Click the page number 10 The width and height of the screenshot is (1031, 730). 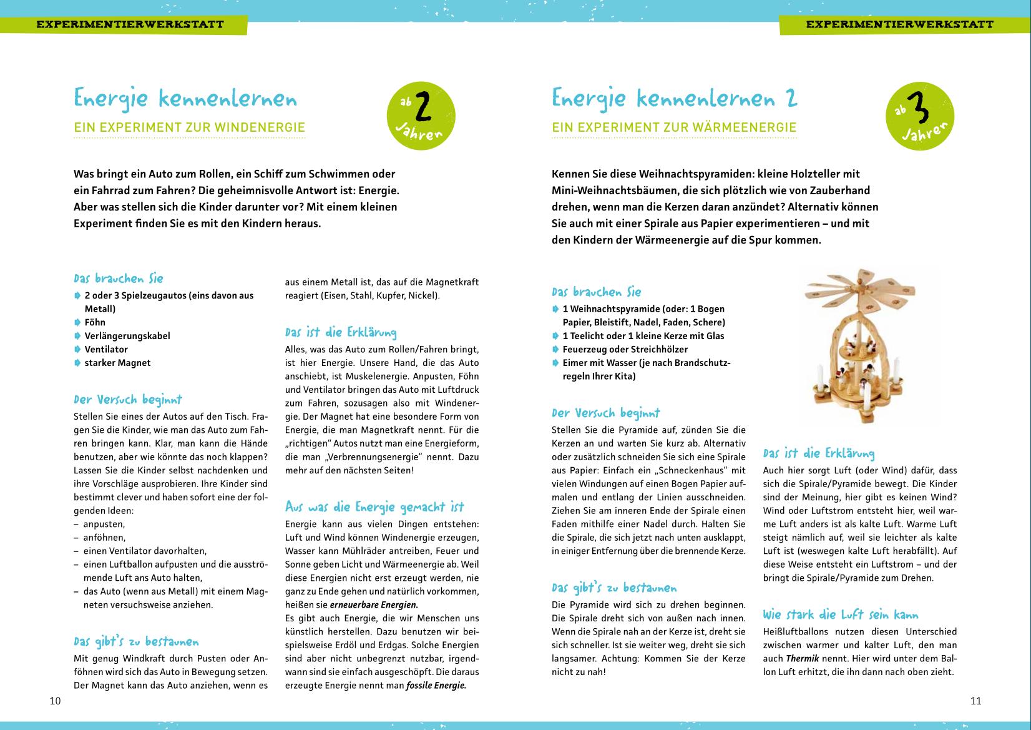(x=56, y=701)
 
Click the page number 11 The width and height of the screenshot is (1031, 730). (x=976, y=701)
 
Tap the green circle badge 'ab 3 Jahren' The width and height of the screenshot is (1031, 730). (x=920, y=116)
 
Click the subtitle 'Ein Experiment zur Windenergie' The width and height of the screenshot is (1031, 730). (x=189, y=128)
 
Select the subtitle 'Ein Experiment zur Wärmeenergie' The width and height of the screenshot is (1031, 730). (x=674, y=128)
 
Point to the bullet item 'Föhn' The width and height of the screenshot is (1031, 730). (x=95, y=322)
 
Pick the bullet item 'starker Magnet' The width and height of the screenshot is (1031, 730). (x=117, y=363)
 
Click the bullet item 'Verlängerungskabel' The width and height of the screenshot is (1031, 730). (x=127, y=336)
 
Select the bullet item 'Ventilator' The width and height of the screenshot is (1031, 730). (x=106, y=350)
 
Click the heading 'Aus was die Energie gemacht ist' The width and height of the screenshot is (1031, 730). (x=374, y=506)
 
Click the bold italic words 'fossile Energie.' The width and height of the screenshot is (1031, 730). (x=436, y=685)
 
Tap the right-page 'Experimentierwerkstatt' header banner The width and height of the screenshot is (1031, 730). (x=899, y=25)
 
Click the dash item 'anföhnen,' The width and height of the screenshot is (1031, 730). (x=104, y=537)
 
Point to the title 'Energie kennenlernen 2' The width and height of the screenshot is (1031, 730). (x=674, y=99)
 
